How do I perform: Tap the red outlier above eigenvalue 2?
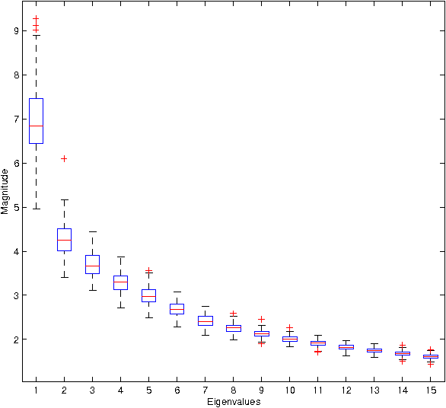point(64,158)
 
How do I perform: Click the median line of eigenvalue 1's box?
point(36,125)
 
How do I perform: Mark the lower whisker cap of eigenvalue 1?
point(36,208)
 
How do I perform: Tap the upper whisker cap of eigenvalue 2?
point(64,199)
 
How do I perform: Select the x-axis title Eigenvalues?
point(232,402)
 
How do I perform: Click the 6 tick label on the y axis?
point(17,163)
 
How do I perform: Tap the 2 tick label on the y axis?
point(17,339)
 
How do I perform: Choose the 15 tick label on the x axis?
point(431,390)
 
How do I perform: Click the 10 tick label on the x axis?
point(289,390)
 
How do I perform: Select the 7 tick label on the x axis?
point(205,390)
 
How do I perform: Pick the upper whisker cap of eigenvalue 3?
point(92,231)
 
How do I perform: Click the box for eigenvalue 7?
point(205,320)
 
